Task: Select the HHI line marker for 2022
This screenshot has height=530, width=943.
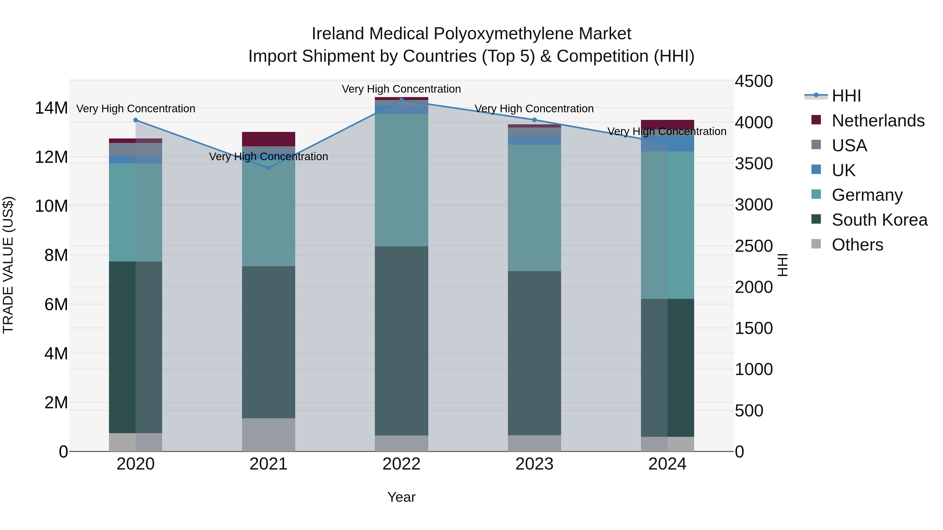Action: click(x=401, y=100)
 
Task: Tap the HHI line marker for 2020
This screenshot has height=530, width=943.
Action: click(x=135, y=120)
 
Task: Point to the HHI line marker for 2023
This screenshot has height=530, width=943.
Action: click(x=534, y=120)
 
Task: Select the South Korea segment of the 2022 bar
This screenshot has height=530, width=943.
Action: click(x=401, y=340)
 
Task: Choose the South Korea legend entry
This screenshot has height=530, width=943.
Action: click(x=879, y=220)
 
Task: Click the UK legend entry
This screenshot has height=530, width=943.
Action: click(x=843, y=170)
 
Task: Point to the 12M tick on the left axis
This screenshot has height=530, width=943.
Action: click(x=51, y=157)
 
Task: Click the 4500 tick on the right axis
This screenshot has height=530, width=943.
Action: click(x=753, y=81)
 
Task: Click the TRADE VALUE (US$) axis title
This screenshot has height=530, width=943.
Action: click(x=8, y=265)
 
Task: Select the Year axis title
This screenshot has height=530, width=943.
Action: click(x=401, y=497)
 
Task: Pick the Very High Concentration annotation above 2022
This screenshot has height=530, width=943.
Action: click(x=401, y=89)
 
